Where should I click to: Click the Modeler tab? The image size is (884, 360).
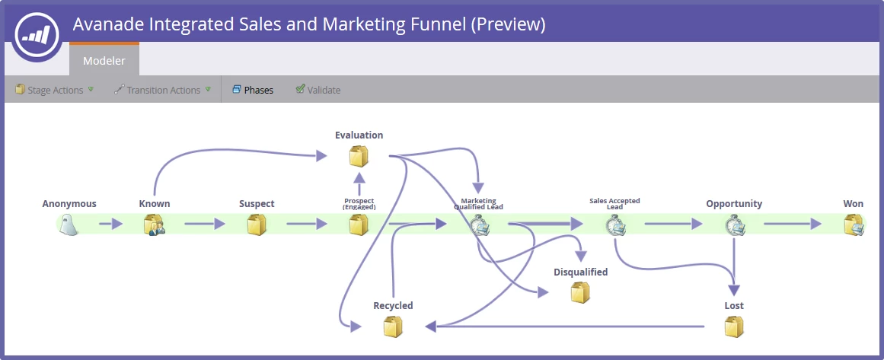[104, 61]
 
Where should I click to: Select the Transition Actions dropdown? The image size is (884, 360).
[162, 90]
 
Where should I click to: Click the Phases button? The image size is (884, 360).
[253, 90]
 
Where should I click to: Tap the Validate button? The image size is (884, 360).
[318, 90]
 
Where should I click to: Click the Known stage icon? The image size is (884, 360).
[155, 225]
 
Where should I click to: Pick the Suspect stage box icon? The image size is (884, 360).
[257, 225]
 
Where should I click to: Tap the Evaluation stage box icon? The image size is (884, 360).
[359, 156]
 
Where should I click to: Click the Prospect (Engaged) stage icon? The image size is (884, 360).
[359, 225]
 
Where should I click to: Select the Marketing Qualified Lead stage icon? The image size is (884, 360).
[479, 225]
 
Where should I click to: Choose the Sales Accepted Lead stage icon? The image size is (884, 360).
[615, 225]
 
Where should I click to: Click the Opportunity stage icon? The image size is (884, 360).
[734, 225]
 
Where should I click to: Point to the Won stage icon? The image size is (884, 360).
[854, 225]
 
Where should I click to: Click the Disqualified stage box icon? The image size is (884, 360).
[580, 292]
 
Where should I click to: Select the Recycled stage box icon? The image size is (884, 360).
[393, 327]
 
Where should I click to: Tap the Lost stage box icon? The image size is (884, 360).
[734, 327]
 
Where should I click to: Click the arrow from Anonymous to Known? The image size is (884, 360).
[111, 224]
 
